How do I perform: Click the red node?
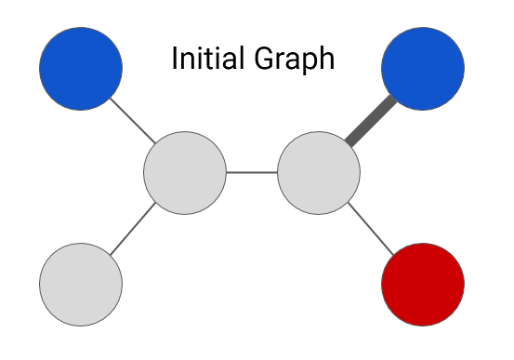point(423,285)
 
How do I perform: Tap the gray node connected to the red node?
point(319,172)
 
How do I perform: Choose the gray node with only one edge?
point(81,285)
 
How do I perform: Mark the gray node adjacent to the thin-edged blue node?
point(185,172)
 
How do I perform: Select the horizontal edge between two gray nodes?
point(252,172)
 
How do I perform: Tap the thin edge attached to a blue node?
point(132,120)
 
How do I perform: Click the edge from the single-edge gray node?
point(133,229)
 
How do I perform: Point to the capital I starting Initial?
point(175,59)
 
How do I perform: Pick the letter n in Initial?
point(189,60)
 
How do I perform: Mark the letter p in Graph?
point(309,63)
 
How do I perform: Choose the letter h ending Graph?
point(326,59)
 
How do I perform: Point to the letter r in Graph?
point(279,61)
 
